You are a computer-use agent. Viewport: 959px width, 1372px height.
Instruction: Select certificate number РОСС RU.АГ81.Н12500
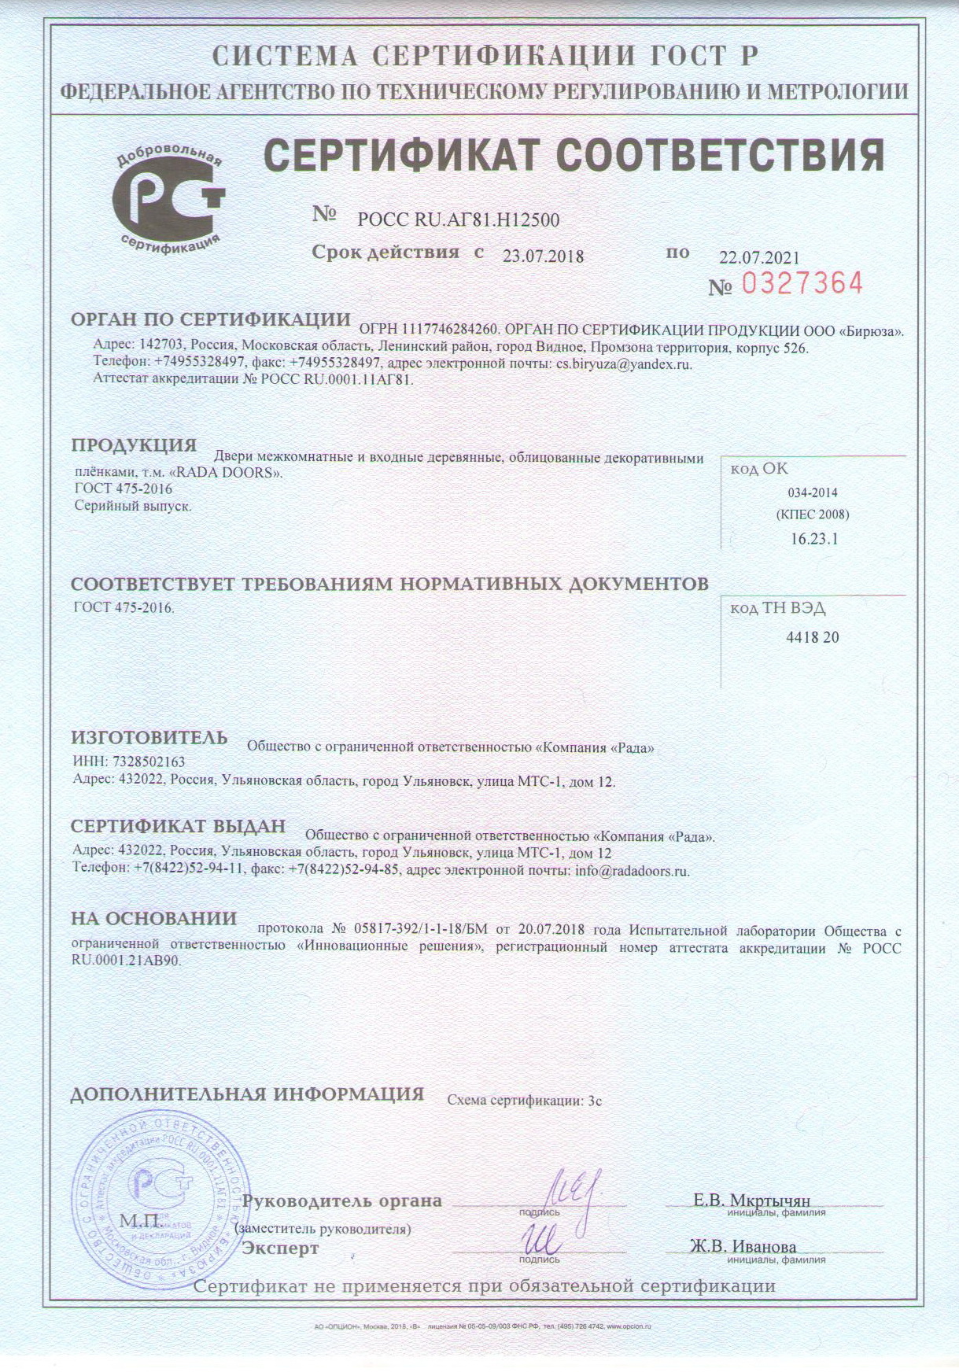point(459,220)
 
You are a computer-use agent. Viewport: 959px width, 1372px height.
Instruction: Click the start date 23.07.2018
point(543,256)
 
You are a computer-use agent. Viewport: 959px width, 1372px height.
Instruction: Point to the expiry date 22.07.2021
point(759,257)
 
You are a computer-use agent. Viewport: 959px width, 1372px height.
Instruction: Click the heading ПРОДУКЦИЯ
point(134,445)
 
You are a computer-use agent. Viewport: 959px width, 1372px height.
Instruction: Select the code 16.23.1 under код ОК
point(814,539)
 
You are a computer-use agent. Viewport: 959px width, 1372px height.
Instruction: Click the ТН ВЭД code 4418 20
point(813,637)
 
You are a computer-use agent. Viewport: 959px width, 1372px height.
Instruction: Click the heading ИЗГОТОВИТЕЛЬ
point(149,738)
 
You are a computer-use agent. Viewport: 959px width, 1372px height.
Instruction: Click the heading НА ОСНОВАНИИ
point(153,919)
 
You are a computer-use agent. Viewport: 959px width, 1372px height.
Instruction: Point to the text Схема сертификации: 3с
point(524,1101)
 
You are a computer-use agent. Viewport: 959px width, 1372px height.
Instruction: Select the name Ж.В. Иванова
point(743,1246)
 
